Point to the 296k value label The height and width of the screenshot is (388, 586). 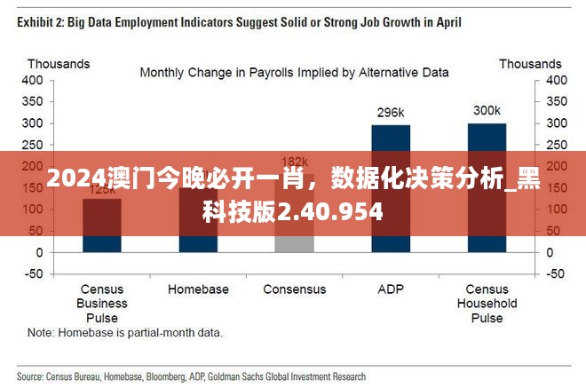[x=391, y=113]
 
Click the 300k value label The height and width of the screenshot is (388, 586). [x=487, y=111]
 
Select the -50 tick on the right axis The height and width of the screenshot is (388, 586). [x=554, y=273]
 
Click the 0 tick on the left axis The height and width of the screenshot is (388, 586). [x=38, y=252]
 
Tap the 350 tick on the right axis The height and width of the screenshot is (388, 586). [x=555, y=101]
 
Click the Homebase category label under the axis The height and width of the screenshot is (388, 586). [x=198, y=289]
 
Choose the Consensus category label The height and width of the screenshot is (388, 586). [x=294, y=289]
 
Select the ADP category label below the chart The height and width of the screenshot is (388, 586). [x=391, y=289]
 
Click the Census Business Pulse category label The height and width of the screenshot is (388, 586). [x=102, y=304]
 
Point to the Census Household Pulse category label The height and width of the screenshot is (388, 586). [x=487, y=304]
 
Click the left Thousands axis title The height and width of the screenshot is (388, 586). [x=59, y=64]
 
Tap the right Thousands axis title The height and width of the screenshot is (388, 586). [x=530, y=64]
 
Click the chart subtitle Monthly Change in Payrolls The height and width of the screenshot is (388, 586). [x=294, y=72]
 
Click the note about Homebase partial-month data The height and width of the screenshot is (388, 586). [x=125, y=334]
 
